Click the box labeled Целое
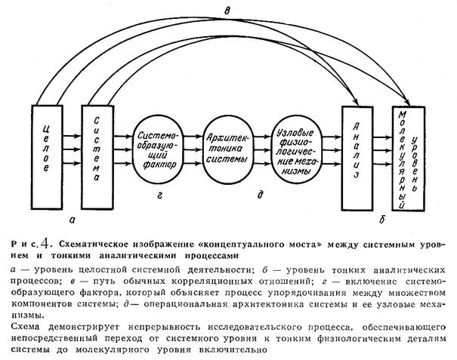pyautogui.click(x=47, y=157)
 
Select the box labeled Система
pyautogui.click(x=97, y=157)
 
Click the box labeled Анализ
pyautogui.click(x=357, y=158)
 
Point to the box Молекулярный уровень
pyautogui.click(x=408, y=158)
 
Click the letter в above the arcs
pyautogui.click(x=227, y=11)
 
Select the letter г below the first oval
pyautogui.click(x=159, y=195)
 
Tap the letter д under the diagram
pyautogui.click(x=260, y=194)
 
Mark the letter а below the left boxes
pyautogui.click(x=72, y=220)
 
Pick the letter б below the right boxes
pyautogui.click(x=382, y=219)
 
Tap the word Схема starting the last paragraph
pyautogui.click(x=25, y=327)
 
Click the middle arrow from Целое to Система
pyautogui.click(x=72, y=149)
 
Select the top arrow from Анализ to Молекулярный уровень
pyautogui.click(x=382, y=137)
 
